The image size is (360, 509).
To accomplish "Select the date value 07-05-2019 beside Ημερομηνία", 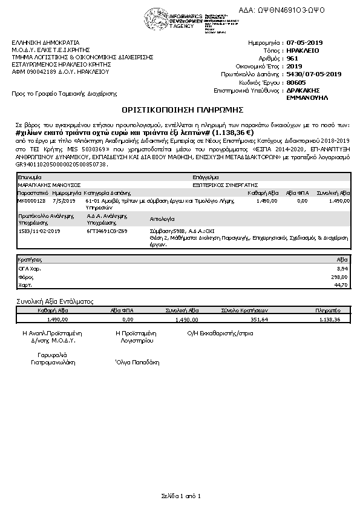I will tap(306, 43).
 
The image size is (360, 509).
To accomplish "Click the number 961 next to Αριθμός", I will tap(292, 58).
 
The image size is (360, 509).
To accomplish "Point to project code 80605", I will tap(296, 82).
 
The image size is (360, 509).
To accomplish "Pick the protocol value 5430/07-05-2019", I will tap(314, 74).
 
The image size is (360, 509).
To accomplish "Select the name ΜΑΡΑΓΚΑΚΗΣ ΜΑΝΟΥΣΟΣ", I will tap(41, 185).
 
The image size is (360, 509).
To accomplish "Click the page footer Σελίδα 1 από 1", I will tap(180, 496).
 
